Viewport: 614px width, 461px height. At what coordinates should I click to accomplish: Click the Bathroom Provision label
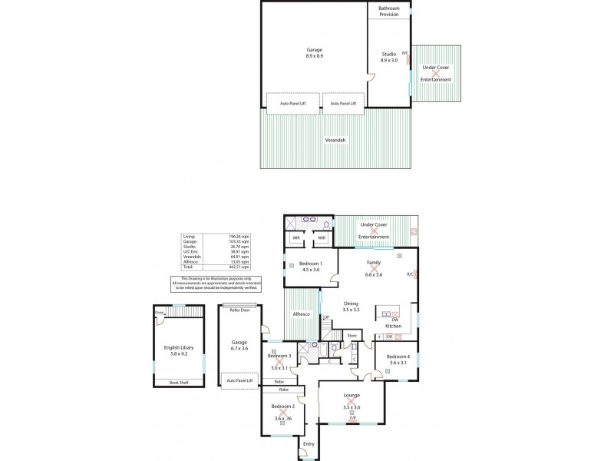coord(388,12)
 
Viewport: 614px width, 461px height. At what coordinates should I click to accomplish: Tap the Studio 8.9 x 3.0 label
coord(388,57)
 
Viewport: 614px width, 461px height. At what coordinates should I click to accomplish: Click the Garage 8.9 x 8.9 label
coord(314,53)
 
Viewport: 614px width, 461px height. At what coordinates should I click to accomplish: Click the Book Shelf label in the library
coord(178,382)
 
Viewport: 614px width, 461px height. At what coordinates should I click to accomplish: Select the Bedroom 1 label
coord(310,266)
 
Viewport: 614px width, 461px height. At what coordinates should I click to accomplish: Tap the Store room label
coord(352,335)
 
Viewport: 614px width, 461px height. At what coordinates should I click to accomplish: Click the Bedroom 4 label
coord(398,360)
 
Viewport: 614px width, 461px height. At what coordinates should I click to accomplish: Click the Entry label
coord(309,443)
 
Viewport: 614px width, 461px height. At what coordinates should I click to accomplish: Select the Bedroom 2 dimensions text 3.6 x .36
coord(283,419)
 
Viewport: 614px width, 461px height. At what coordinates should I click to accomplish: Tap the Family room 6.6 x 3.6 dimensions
coord(374,274)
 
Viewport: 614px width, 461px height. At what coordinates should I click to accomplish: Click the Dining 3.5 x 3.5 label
coord(351,306)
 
